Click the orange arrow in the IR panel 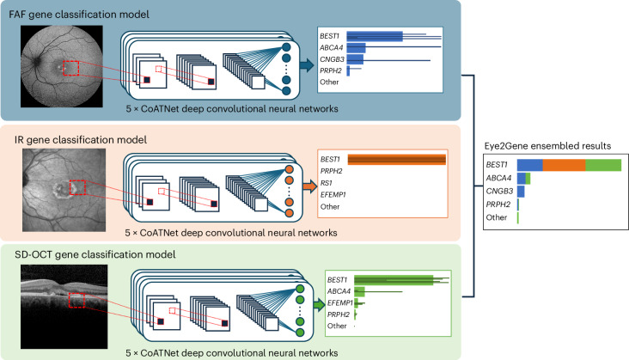coord(307,183)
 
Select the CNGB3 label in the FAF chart coord(331,59)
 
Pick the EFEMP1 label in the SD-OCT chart coord(340,302)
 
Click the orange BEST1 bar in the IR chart coord(395,159)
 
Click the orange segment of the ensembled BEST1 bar coord(563,164)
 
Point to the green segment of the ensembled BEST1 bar coord(602,164)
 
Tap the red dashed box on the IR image coord(77,187)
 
